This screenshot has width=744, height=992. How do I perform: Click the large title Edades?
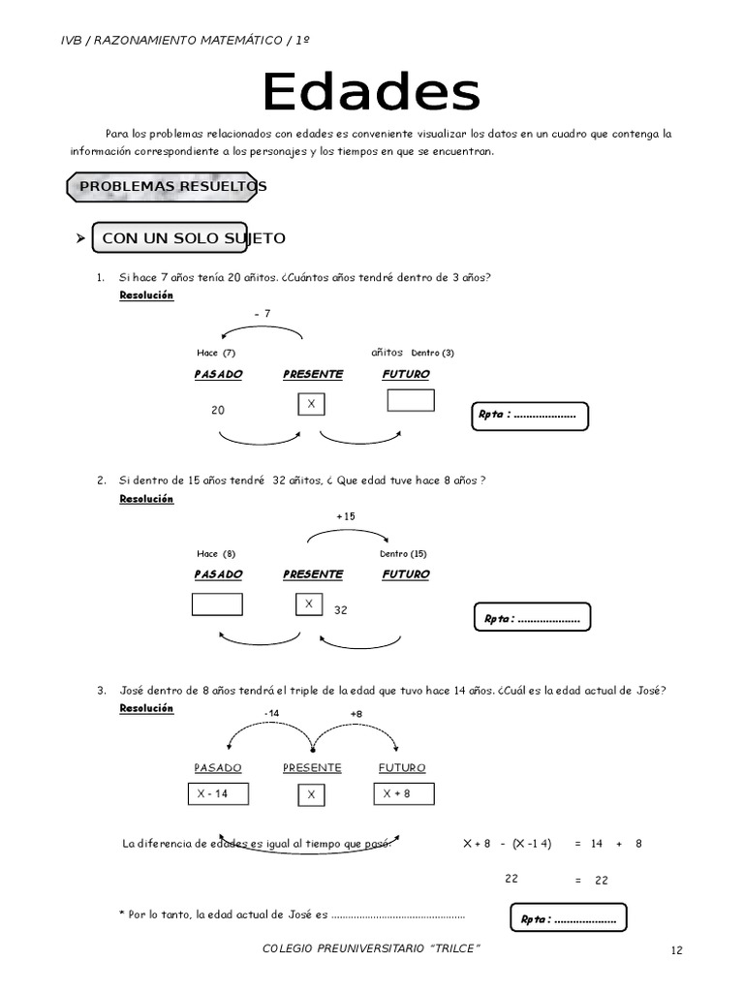(372, 94)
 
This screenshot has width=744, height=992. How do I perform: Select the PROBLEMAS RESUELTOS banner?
(167, 186)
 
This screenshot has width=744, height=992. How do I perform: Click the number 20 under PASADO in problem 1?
(218, 410)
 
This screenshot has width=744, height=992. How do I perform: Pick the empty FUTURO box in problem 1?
(411, 400)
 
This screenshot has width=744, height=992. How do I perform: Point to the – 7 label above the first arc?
(262, 313)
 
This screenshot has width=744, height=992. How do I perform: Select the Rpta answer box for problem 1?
(529, 415)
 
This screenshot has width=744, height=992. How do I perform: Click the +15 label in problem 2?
(346, 516)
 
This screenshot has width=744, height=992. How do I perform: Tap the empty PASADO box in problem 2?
(217, 604)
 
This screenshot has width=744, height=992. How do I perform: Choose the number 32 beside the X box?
(341, 611)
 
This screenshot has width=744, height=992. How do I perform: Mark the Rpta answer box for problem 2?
(532, 618)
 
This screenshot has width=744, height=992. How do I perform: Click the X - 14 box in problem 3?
(217, 794)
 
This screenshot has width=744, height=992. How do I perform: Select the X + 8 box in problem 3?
(403, 794)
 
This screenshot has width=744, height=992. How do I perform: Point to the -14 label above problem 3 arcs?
(271, 714)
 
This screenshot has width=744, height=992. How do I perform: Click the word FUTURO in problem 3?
(402, 767)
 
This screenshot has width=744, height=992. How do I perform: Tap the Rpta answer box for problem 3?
(568, 918)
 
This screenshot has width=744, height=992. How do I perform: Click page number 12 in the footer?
(677, 950)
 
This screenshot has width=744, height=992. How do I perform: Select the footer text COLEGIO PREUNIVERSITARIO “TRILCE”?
(372, 947)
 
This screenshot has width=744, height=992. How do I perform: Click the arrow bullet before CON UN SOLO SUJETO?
(81, 238)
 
